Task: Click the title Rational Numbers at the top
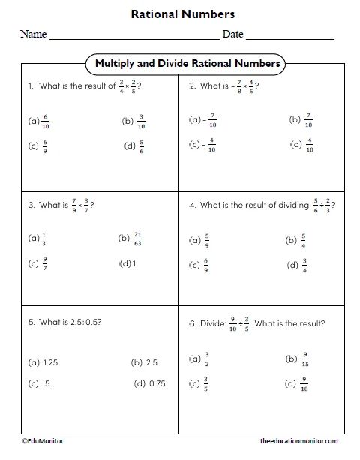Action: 182,14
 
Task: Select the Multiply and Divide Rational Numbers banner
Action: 187,64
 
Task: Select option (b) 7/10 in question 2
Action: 299,119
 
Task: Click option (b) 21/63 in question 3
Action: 130,239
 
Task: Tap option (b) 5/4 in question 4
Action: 296,240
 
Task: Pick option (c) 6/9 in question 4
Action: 201,265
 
